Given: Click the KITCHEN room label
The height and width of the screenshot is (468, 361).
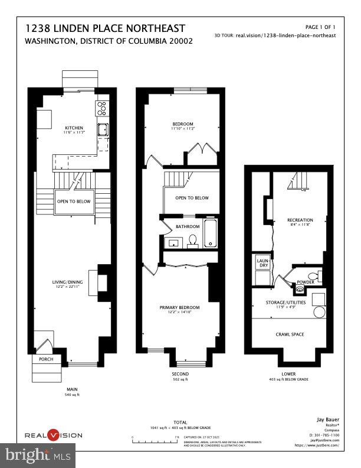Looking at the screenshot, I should click(x=74, y=128).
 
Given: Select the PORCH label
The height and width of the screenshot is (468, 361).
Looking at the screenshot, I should click(x=46, y=359).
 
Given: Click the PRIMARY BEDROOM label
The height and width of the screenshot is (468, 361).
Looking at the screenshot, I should click(x=180, y=307).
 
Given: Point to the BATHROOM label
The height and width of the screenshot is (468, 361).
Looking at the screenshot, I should click(x=188, y=226).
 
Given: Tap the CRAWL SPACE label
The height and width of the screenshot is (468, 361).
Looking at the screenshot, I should click(x=290, y=334).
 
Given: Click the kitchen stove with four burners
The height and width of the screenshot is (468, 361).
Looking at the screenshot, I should click(x=101, y=108).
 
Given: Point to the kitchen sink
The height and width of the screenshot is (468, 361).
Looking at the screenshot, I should click(x=101, y=130).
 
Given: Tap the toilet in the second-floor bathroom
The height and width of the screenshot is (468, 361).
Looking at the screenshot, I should click(x=192, y=241).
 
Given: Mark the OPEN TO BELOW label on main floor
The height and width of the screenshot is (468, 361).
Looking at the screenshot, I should click(x=74, y=201).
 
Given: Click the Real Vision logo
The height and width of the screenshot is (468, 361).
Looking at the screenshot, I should click(x=54, y=435).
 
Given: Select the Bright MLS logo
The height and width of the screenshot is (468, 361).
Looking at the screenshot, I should click(x=38, y=456).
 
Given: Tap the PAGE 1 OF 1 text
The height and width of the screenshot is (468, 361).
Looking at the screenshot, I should click(x=320, y=27).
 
